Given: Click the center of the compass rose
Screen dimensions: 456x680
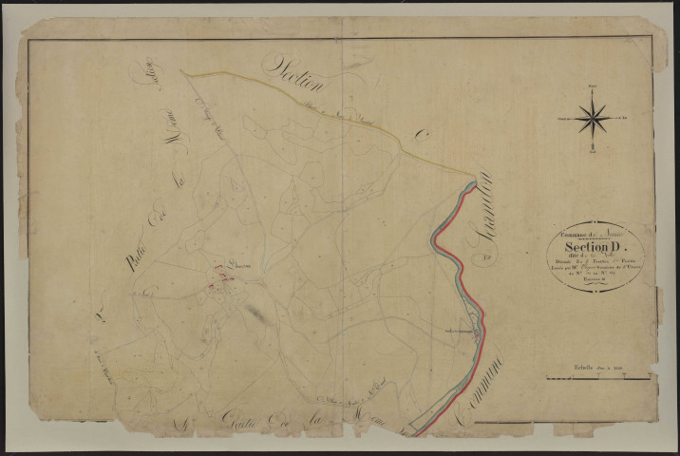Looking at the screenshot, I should (592, 118).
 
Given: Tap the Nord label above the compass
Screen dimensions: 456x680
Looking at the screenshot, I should (592, 88).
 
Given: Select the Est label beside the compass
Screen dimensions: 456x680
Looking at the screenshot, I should (626, 118).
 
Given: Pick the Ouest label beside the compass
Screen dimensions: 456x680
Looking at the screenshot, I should (559, 118).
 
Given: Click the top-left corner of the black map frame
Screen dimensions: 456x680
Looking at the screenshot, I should (28, 40).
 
